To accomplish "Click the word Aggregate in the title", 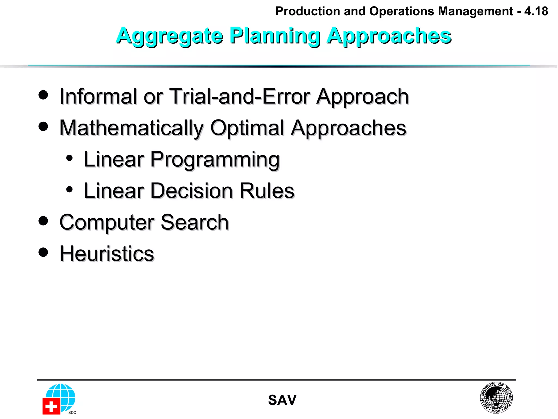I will (x=169, y=36).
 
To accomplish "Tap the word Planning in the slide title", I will (x=275, y=36).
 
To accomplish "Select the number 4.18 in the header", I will (x=536, y=11).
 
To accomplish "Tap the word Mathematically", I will (x=131, y=128).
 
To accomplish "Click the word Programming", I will (x=215, y=160).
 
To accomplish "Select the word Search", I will (x=194, y=223).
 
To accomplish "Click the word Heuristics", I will (x=107, y=254).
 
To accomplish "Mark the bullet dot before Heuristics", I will (x=43, y=252).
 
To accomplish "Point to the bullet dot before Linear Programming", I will (x=69, y=158).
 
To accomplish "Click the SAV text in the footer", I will (x=282, y=400).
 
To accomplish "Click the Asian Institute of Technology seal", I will (x=496, y=398).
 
